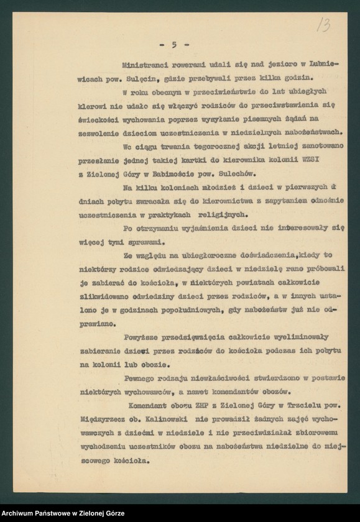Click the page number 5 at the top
(174, 44)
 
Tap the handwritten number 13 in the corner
(323, 25)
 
